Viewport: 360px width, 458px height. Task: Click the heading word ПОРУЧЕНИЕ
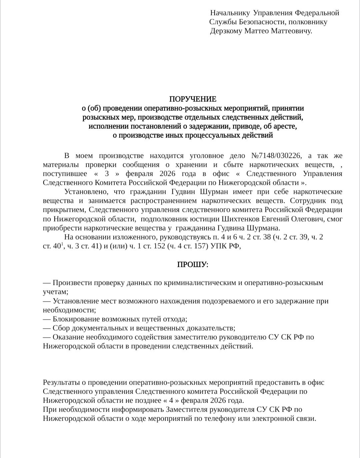193,99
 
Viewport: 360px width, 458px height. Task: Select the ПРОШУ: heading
192,265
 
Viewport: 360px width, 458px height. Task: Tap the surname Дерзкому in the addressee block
226,31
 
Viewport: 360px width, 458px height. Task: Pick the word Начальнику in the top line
230,13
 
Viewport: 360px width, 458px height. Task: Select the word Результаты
62,383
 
